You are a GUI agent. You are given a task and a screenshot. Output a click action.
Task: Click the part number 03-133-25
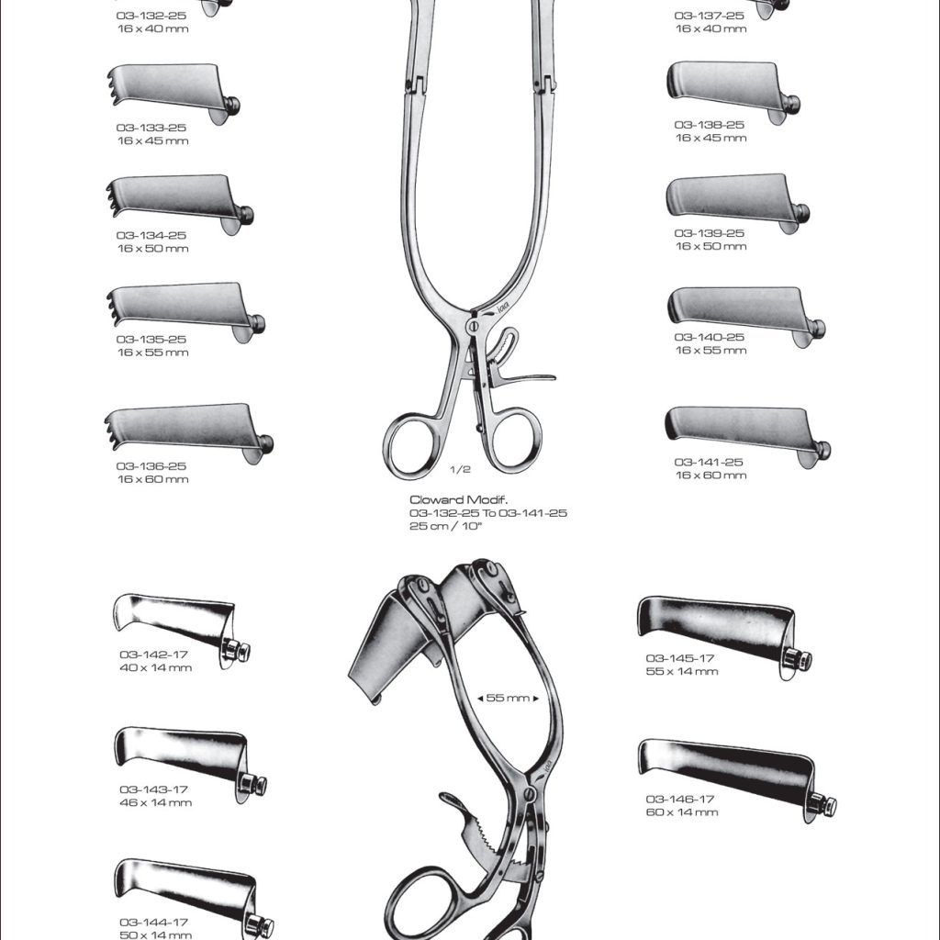pyautogui.click(x=151, y=128)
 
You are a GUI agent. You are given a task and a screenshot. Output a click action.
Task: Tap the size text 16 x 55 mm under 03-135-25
pyautogui.click(x=153, y=352)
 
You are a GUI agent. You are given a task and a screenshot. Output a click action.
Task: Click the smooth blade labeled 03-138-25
pyautogui.click(x=733, y=93)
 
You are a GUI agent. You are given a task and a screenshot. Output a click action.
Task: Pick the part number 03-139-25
pyautogui.click(x=710, y=233)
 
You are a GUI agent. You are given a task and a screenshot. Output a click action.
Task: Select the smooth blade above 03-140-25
pyautogui.click(x=746, y=317)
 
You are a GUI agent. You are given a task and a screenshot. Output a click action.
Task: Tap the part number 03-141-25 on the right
pyautogui.click(x=709, y=463)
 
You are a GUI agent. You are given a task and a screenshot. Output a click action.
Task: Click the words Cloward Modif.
pyautogui.click(x=459, y=499)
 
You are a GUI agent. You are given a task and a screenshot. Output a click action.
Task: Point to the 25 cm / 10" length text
pyautogui.click(x=445, y=526)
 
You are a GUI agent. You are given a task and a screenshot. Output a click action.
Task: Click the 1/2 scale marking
pyautogui.click(x=461, y=469)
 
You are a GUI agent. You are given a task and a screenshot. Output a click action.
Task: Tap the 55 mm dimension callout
pyautogui.click(x=508, y=698)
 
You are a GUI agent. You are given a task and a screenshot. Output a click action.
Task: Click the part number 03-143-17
pyautogui.click(x=153, y=789)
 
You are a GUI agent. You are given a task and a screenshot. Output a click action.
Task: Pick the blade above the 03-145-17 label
pyautogui.click(x=724, y=638)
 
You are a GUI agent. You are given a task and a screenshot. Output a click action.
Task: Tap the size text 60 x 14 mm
pyautogui.click(x=682, y=812)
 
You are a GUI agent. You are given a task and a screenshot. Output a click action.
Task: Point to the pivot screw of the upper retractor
pyautogui.click(x=473, y=326)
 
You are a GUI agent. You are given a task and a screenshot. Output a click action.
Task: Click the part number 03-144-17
pyautogui.click(x=153, y=922)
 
